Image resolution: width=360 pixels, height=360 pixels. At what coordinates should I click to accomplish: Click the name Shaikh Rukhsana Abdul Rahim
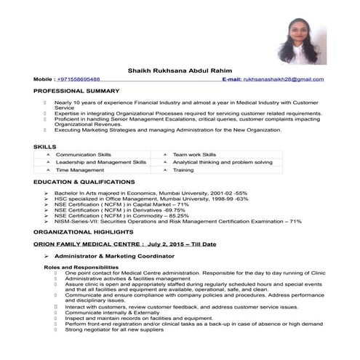[x=178, y=70]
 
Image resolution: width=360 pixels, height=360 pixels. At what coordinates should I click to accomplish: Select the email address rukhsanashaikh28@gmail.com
[x=283, y=79]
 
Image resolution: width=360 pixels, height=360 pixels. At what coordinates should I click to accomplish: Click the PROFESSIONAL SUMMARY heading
[x=76, y=90]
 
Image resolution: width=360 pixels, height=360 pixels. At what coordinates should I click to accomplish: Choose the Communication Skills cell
[x=84, y=155]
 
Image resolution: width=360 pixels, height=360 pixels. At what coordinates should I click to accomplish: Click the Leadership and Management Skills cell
[x=101, y=162]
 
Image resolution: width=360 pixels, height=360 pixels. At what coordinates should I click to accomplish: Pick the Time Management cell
[x=80, y=170]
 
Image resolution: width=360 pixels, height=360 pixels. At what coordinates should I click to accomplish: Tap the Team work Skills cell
[x=194, y=155]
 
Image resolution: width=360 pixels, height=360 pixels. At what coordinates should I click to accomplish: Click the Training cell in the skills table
[x=183, y=170]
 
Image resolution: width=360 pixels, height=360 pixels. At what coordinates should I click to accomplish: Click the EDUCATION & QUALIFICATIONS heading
[x=84, y=181]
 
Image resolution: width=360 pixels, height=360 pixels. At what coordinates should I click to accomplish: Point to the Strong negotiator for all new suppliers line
[x=114, y=329]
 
